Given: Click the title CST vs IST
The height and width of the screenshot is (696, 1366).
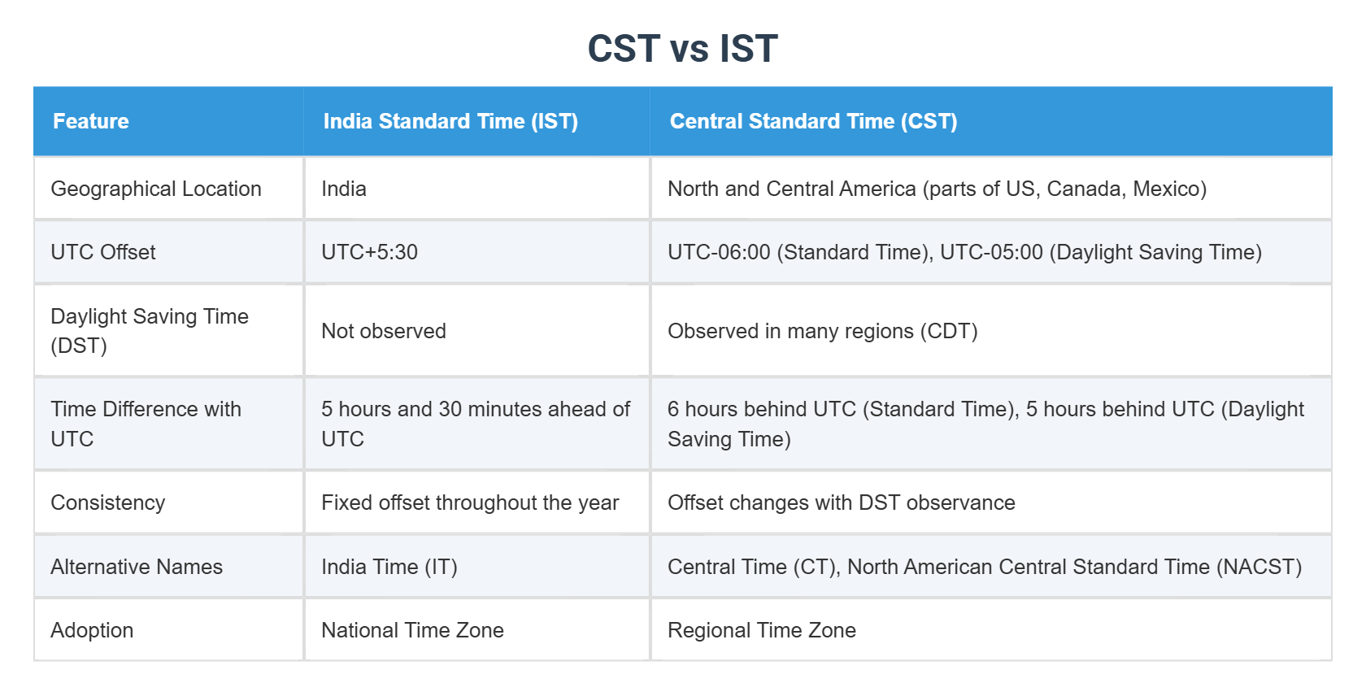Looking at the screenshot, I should point(682,49).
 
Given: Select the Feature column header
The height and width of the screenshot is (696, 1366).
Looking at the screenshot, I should point(91,121).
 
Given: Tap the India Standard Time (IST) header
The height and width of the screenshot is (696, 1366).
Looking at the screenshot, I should point(450,121).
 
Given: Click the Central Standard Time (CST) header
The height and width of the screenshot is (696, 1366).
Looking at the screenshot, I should point(813,121).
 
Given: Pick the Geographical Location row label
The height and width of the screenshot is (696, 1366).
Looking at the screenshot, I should point(156,189).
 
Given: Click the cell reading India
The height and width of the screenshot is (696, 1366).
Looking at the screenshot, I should point(344,189).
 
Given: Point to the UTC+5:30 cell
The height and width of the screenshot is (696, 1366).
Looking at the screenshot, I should point(369,252).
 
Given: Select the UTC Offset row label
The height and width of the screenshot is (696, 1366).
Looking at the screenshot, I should point(103,252).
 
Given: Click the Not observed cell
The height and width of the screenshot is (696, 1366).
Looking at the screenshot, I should point(384,331).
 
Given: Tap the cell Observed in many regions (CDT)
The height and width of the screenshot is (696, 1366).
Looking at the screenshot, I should point(822,331).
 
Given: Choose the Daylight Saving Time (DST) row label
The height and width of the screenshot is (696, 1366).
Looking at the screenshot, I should point(150,331).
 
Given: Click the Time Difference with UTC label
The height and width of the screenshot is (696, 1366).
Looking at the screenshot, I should point(146,424).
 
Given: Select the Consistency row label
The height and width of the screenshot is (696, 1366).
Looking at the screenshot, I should point(108,502).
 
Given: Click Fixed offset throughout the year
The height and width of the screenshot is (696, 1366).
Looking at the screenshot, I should point(470,502).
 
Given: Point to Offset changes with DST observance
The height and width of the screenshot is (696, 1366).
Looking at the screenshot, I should point(841,502).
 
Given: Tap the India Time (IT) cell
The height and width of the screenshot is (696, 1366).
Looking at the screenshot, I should point(389,567).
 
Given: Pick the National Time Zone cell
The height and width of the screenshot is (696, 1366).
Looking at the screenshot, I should point(412,630).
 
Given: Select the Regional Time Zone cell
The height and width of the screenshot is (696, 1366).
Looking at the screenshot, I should point(761,630).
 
